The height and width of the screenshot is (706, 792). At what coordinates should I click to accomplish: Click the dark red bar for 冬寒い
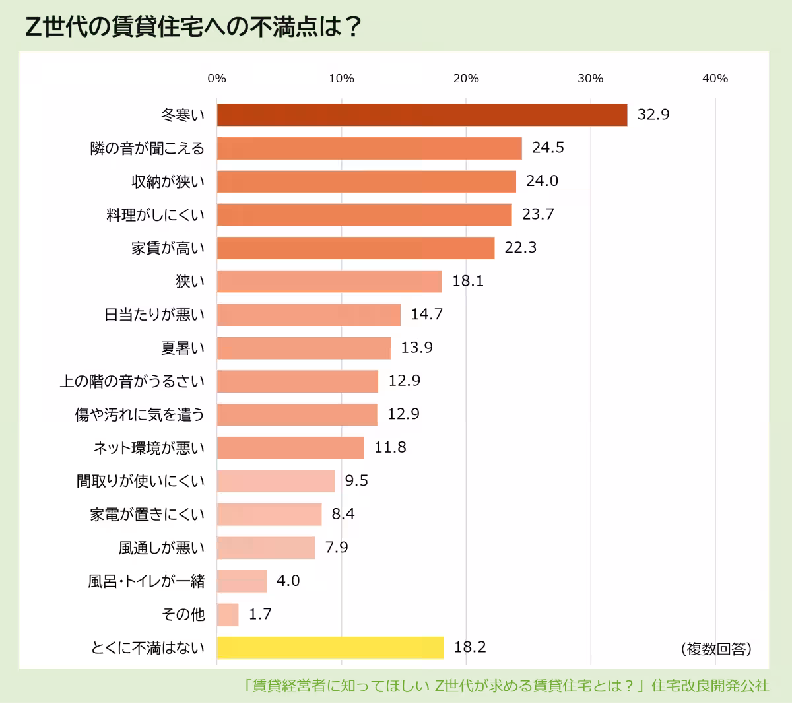(422, 115)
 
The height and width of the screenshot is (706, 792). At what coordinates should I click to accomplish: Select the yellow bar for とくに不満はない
(330, 647)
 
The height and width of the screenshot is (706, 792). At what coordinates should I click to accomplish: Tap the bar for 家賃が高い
(355, 248)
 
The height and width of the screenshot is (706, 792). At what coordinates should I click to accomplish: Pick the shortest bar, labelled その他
(228, 614)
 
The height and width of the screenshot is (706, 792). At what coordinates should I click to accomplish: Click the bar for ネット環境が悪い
(290, 447)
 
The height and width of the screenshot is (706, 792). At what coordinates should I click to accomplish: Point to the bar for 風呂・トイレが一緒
(242, 581)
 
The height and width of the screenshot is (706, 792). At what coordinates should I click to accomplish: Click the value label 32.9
(653, 115)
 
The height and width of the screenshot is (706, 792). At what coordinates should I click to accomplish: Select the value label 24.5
(548, 148)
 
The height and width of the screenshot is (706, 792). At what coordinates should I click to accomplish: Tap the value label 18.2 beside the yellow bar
(469, 647)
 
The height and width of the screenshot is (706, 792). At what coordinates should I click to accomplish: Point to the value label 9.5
(356, 480)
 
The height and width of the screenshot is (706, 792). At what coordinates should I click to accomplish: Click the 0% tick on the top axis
(216, 79)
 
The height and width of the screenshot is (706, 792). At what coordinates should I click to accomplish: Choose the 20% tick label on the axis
(466, 79)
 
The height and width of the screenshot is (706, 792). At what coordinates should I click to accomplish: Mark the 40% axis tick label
(715, 79)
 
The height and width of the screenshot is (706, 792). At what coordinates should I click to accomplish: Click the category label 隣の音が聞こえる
(147, 148)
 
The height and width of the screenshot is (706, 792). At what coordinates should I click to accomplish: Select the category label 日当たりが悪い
(154, 315)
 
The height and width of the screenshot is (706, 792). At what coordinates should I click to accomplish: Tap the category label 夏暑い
(183, 348)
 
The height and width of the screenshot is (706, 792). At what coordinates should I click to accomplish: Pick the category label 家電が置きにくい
(147, 514)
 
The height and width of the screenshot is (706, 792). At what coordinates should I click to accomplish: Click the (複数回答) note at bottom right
(716, 649)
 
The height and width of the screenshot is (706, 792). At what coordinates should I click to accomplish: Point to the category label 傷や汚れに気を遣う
(140, 414)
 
